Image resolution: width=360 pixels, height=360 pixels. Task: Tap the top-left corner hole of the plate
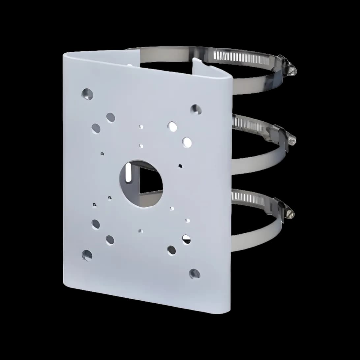pyautogui.click(x=87, y=94)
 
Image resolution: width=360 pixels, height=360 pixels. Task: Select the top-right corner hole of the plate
pyautogui.click(x=196, y=109)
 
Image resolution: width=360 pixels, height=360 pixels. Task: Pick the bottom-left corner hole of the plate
pyautogui.click(x=87, y=255)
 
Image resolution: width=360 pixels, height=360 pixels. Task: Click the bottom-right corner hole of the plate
pyautogui.click(x=195, y=273)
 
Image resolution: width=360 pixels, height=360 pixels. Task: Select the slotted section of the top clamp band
pyautogui.click(x=241, y=57)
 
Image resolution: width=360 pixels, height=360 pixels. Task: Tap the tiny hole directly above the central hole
pyautogui.click(x=141, y=146)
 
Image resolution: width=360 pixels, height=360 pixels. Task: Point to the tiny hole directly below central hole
pyautogui.click(x=140, y=231)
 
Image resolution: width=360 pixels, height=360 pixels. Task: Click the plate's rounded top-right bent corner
pyautogui.click(x=227, y=78)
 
